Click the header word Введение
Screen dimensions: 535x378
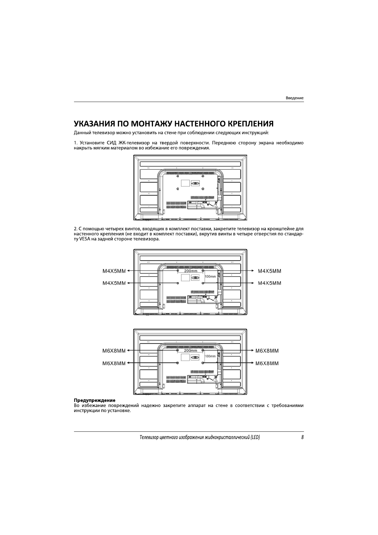tap(294, 98)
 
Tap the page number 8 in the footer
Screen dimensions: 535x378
tap(302, 437)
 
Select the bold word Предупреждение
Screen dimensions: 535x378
tap(94, 400)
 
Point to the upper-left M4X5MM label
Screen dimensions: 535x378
tap(114, 271)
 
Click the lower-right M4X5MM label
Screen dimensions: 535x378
tap(269, 283)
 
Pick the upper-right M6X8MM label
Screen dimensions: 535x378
tap(267, 351)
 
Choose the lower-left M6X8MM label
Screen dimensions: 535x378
tap(114, 363)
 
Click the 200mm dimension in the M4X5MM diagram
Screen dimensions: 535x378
tap(191, 271)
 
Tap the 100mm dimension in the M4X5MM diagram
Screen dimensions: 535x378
tap(210, 276)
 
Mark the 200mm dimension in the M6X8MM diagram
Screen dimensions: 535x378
tap(191, 350)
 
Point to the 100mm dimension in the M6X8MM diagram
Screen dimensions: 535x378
tap(210, 356)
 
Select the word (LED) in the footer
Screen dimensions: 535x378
tap(255, 437)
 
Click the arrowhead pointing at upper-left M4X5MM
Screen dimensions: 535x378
tap(128, 271)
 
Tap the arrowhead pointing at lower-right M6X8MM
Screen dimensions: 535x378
tap(253, 363)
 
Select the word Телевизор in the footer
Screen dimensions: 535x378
tap(150, 437)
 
